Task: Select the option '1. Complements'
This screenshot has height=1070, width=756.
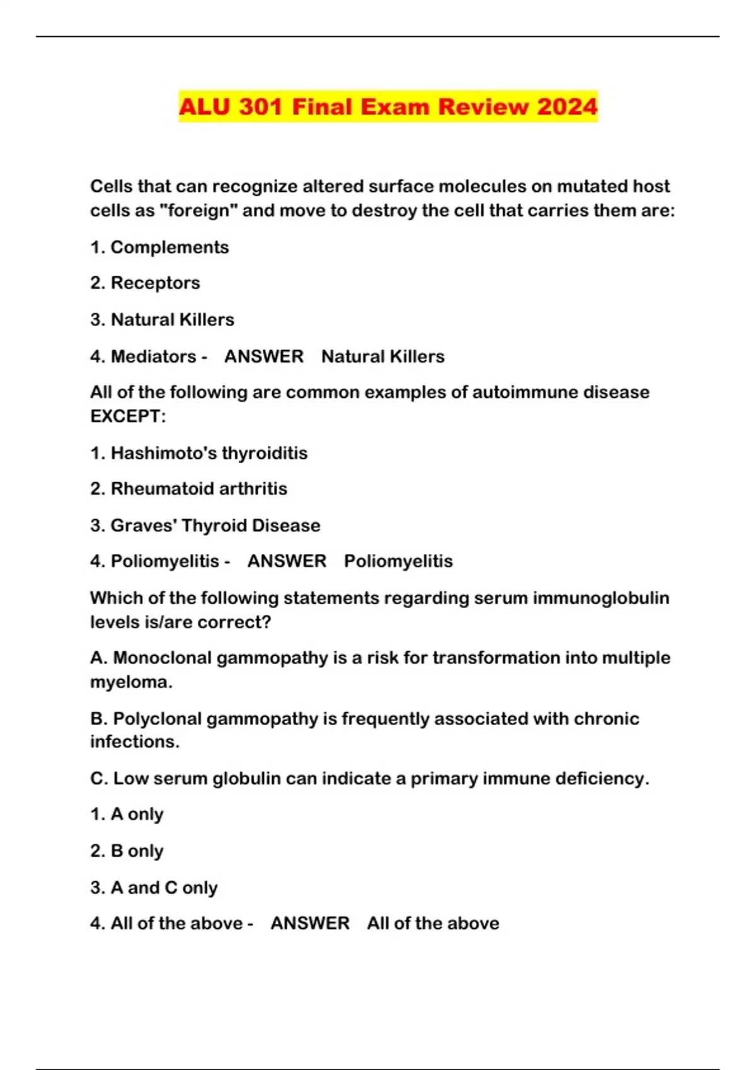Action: click(x=159, y=247)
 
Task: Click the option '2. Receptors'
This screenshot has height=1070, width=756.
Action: click(x=145, y=283)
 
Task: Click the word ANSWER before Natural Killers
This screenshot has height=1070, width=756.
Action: click(x=264, y=356)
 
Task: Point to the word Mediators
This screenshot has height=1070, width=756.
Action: click(x=153, y=356)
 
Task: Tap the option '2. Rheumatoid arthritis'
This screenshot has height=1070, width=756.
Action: click(x=188, y=489)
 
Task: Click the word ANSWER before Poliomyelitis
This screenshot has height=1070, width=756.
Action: click(x=287, y=561)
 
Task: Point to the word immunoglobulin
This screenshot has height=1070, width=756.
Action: click(x=601, y=598)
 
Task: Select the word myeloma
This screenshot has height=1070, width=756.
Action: click(x=131, y=682)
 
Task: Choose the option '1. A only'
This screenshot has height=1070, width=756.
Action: click(x=127, y=814)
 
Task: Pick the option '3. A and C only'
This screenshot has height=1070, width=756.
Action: click(x=154, y=887)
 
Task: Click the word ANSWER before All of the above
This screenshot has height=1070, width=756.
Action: click(x=310, y=923)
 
